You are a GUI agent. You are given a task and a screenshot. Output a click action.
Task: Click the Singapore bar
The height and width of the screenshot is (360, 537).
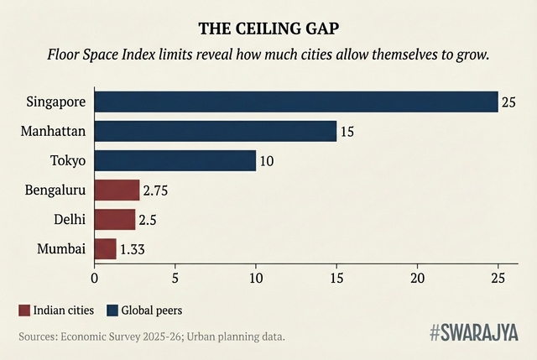click(295, 102)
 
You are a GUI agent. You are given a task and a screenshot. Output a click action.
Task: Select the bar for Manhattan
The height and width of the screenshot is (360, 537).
click(215, 131)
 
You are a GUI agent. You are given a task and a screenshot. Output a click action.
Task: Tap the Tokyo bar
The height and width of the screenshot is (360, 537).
click(175, 160)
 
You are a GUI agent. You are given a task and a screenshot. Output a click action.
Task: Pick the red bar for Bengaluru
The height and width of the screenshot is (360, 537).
click(117, 190)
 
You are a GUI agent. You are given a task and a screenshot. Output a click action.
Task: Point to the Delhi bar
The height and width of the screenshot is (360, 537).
click(114, 219)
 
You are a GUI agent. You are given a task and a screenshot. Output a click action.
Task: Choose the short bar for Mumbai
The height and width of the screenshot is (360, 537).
click(105, 248)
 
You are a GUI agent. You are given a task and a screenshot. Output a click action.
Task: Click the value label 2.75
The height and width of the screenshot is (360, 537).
click(157, 190)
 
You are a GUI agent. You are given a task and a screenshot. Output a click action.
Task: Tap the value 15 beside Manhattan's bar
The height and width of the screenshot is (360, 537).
click(347, 132)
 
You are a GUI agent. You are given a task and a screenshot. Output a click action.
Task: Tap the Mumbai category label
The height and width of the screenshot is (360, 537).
click(61, 249)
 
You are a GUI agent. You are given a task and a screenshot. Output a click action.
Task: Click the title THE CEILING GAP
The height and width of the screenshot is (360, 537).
click(268, 29)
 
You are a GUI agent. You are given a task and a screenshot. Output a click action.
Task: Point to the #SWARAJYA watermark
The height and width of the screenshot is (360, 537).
click(476, 333)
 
